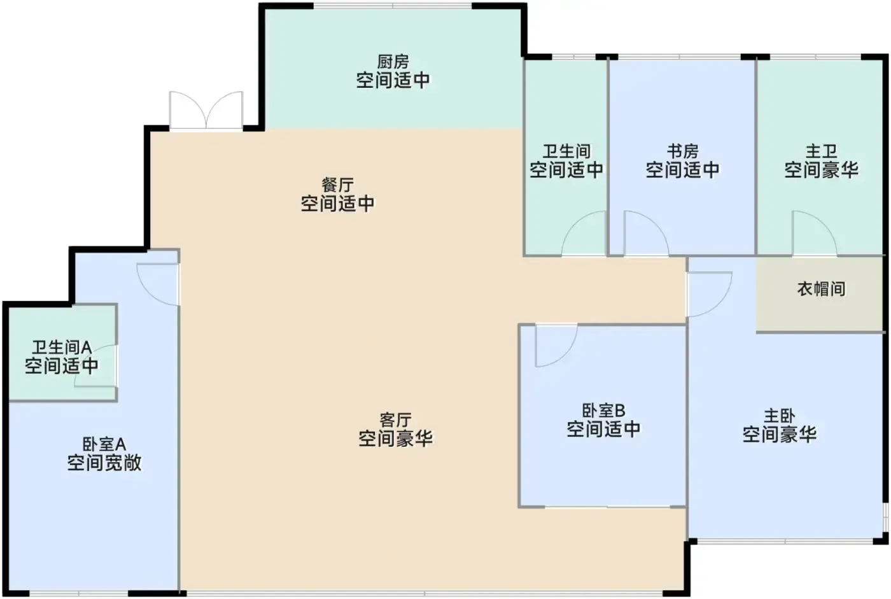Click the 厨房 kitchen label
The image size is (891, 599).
(393, 62)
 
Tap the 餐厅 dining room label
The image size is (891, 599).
(338, 185)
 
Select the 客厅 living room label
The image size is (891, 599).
(395, 420)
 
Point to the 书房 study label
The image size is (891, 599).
(682, 151)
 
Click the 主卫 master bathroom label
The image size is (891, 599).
(822, 151)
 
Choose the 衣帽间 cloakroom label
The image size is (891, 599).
(822, 289)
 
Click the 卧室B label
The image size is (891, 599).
(603, 410)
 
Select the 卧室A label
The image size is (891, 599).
(104, 444)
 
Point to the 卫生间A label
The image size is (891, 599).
(62, 347)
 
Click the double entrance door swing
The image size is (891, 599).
(206, 109)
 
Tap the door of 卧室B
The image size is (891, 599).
(556, 345)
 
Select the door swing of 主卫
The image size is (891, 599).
(814, 233)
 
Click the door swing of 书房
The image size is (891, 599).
(646, 233)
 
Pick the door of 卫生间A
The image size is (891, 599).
(96, 365)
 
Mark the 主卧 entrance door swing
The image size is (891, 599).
(710, 294)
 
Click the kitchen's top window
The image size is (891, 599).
(393, 6)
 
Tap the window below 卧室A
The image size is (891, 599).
(79, 594)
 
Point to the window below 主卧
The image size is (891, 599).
(785, 541)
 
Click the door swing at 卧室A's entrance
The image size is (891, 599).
(158, 285)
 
